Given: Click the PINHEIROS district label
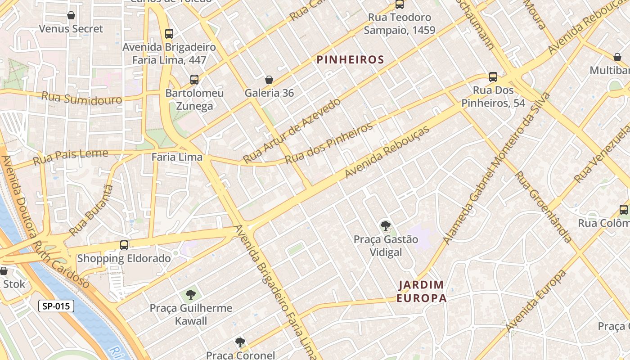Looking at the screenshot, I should tap(350, 59).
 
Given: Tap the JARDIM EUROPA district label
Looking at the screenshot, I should tap(421, 291).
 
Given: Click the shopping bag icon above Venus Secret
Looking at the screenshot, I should tap(71, 16).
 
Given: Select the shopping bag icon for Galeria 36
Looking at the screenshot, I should tap(269, 80).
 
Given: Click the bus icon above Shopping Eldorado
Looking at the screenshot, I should tap(124, 245).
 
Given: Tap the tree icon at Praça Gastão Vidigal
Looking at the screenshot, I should tap(385, 225).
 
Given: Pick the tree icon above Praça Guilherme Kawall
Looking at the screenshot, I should tap(191, 295).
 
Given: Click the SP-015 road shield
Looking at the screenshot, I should tap(56, 306).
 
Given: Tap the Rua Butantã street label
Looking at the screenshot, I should tap(92, 209).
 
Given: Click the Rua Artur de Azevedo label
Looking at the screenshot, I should tap(292, 130).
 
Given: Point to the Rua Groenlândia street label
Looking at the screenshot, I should tap(543, 207).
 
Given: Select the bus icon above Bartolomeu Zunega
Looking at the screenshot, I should tap(194, 80).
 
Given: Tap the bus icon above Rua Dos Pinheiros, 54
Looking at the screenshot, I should tap(493, 77).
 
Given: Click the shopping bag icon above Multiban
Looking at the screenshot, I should tap(617, 57).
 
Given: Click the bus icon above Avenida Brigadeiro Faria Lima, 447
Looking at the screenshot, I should tap(169, 33).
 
